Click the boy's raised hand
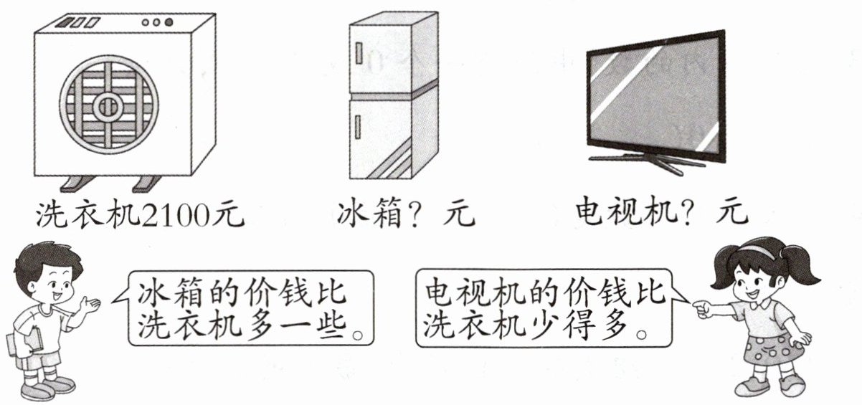coord(90,304)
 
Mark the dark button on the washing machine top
coord(169,22)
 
